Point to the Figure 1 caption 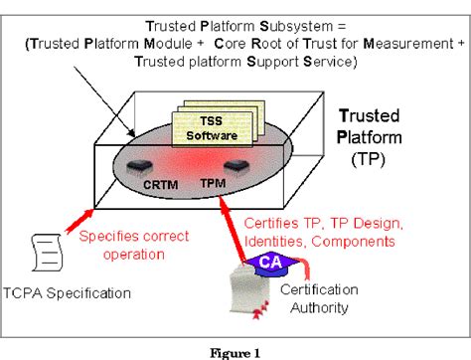(x=235, y=351)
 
